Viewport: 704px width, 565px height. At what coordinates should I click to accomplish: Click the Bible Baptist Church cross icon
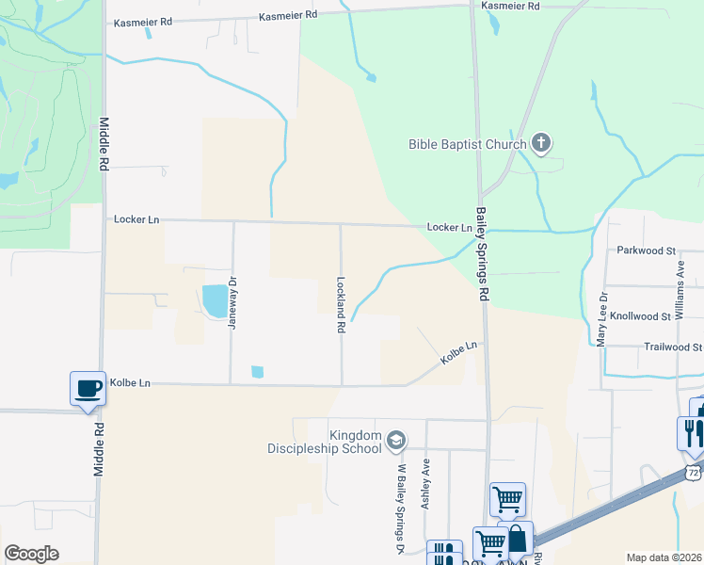pos(540,144)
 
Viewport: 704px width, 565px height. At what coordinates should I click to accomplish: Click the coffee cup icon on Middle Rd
pos(88,388)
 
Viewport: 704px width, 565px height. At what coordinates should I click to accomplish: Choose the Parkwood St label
pos(647,250)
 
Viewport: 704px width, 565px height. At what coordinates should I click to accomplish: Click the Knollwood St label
pos(640,316)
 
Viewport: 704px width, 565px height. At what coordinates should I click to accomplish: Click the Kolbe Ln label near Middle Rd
pos(130,383)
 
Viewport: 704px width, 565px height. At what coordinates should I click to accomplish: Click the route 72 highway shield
pos(693,469)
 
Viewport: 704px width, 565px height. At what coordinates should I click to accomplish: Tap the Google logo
pos(31,554)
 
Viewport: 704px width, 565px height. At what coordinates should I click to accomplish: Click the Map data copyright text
pos(663,557)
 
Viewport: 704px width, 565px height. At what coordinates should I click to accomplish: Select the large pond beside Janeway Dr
pos(215,301)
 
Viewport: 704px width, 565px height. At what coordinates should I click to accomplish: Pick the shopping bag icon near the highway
pos(517,541)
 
